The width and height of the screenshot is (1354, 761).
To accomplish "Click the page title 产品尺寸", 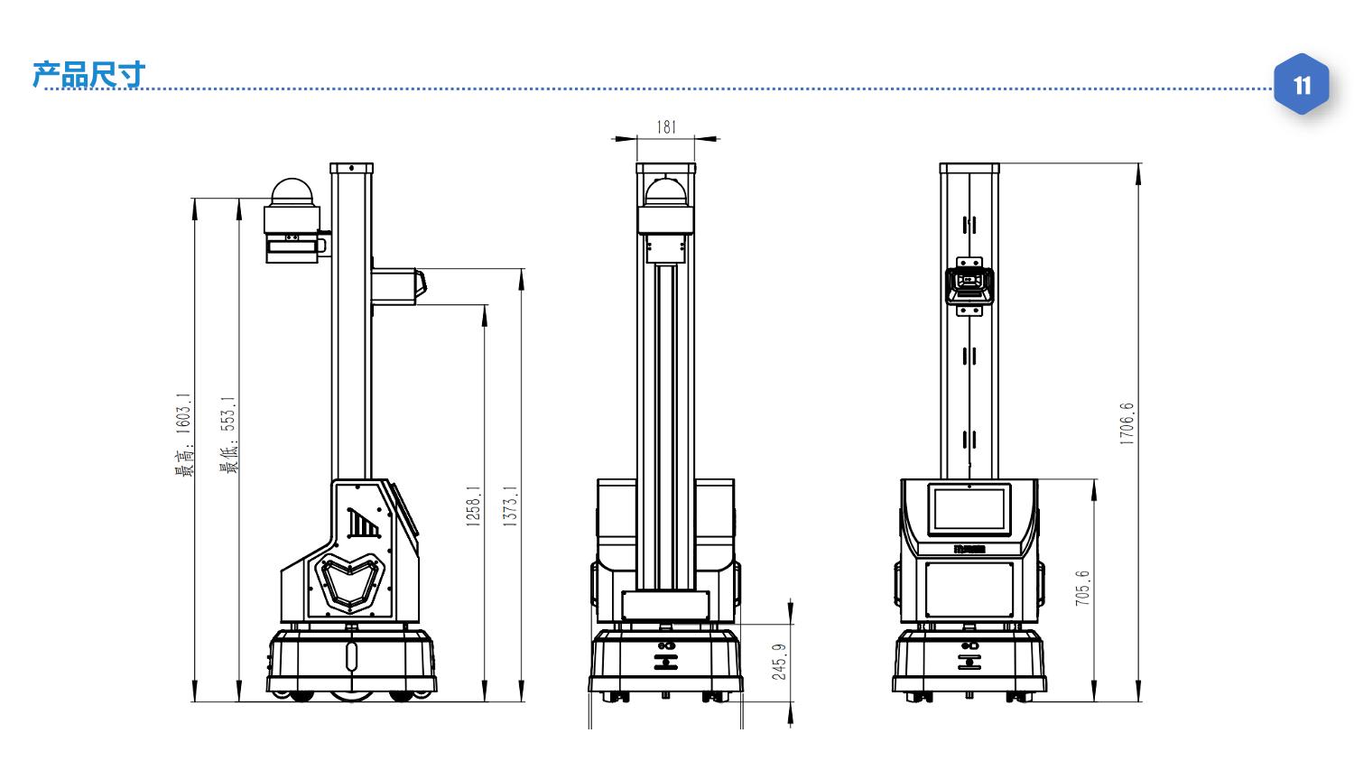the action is (x=88, y=74).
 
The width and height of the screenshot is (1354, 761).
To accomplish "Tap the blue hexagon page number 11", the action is (x=1302, y=85).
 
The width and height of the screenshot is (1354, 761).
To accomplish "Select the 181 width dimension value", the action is (x=665, y=127).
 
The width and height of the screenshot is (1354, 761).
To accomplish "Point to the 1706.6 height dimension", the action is (x=1127, y=423).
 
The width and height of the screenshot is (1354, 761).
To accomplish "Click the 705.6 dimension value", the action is (x=1082, y=589).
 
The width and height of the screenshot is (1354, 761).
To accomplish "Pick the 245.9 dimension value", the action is (x=779, y=662).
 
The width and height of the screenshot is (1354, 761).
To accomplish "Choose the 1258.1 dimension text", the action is (x=473, y=506).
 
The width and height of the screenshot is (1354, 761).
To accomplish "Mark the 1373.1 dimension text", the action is (x=510, y=506).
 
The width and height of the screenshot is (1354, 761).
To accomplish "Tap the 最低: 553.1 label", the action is (x=228, y=435).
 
